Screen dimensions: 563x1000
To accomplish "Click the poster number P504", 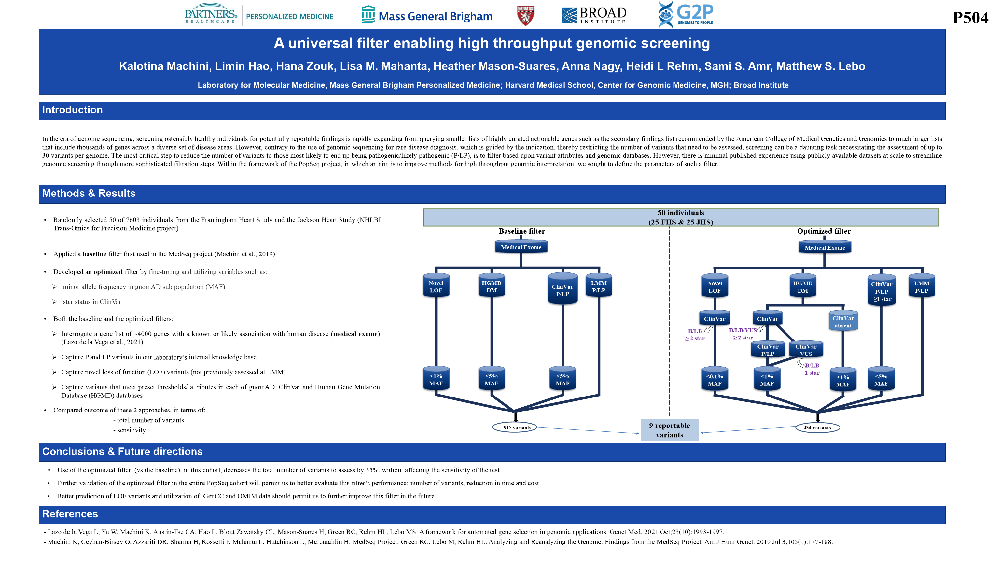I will (x=970, y=18).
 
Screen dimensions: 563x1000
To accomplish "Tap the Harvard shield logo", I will (x=525, y=16).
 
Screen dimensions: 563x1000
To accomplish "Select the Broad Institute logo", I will (x=594, y=16).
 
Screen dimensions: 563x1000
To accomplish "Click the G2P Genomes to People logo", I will (x=686, y=14).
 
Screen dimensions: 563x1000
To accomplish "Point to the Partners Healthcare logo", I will (x=211, y=14).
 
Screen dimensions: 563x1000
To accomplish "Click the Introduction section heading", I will (x=72, y=110).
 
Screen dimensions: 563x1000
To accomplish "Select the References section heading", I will (x=70, y=514).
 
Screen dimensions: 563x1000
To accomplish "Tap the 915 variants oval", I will (x=514, y=427).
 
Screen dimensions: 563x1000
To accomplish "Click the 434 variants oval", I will (x=817, y=427).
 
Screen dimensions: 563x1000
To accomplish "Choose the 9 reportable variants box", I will (x=669, y=430).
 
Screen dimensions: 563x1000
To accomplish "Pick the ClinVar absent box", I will (x=843, y=322).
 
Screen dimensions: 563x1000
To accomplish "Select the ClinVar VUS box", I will (x=806, y=350).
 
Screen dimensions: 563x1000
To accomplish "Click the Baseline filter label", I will (x=522, y=231).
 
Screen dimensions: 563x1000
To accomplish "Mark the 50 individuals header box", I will (x=681, y=218).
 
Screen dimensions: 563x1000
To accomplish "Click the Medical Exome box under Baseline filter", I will (x=521, y=247).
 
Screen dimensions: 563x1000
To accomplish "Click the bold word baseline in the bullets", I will (x=94, y=254).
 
